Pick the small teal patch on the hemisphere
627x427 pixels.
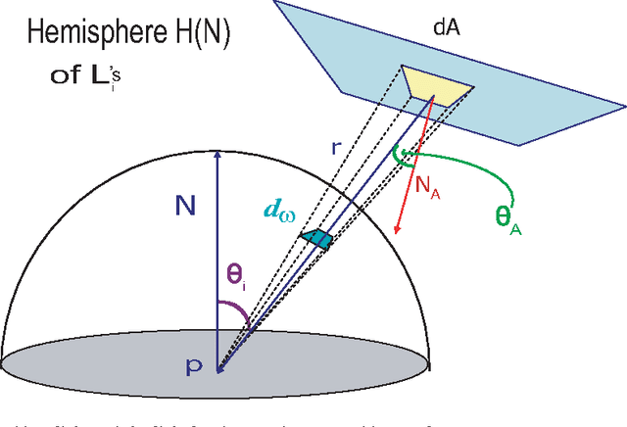point(317,239)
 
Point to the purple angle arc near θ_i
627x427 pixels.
point(238,311)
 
